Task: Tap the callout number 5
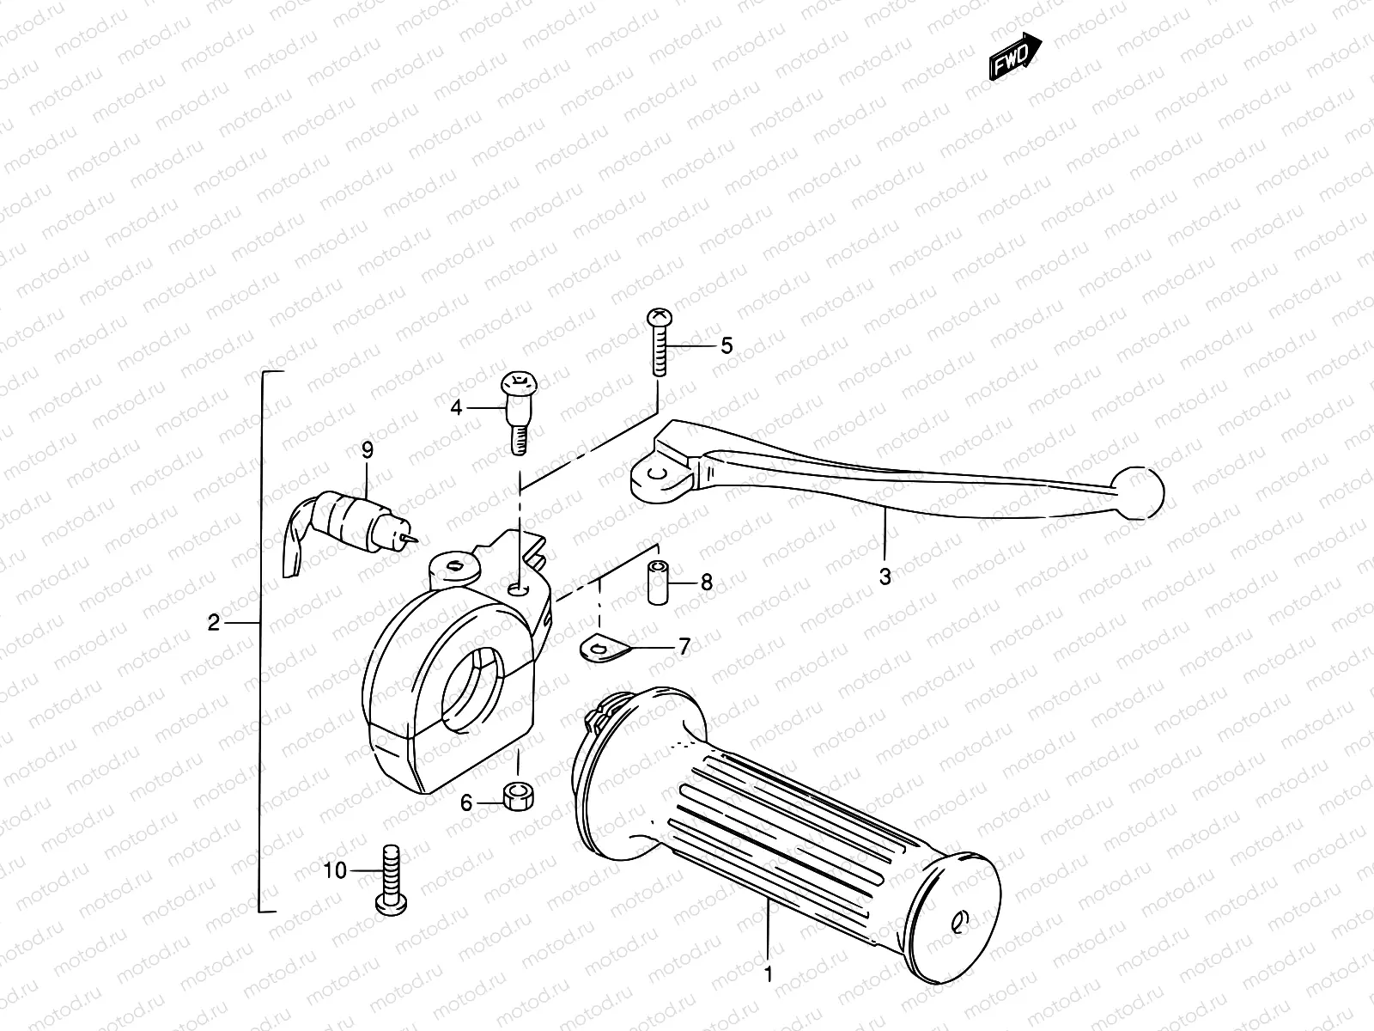click(727, 346)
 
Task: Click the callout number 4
click(457, 407)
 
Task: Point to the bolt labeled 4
click(517, 410)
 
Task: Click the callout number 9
click(367, 449)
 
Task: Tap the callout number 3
click(885, 577)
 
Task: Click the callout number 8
click(707, 583)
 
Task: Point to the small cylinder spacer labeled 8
click(659, 583)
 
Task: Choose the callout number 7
click(684, 647)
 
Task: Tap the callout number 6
click(466, 802)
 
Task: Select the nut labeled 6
click(517, 796)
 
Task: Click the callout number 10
click(335, 870)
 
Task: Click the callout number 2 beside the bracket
click(215, 622)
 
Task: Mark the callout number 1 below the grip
click(769, 974)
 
